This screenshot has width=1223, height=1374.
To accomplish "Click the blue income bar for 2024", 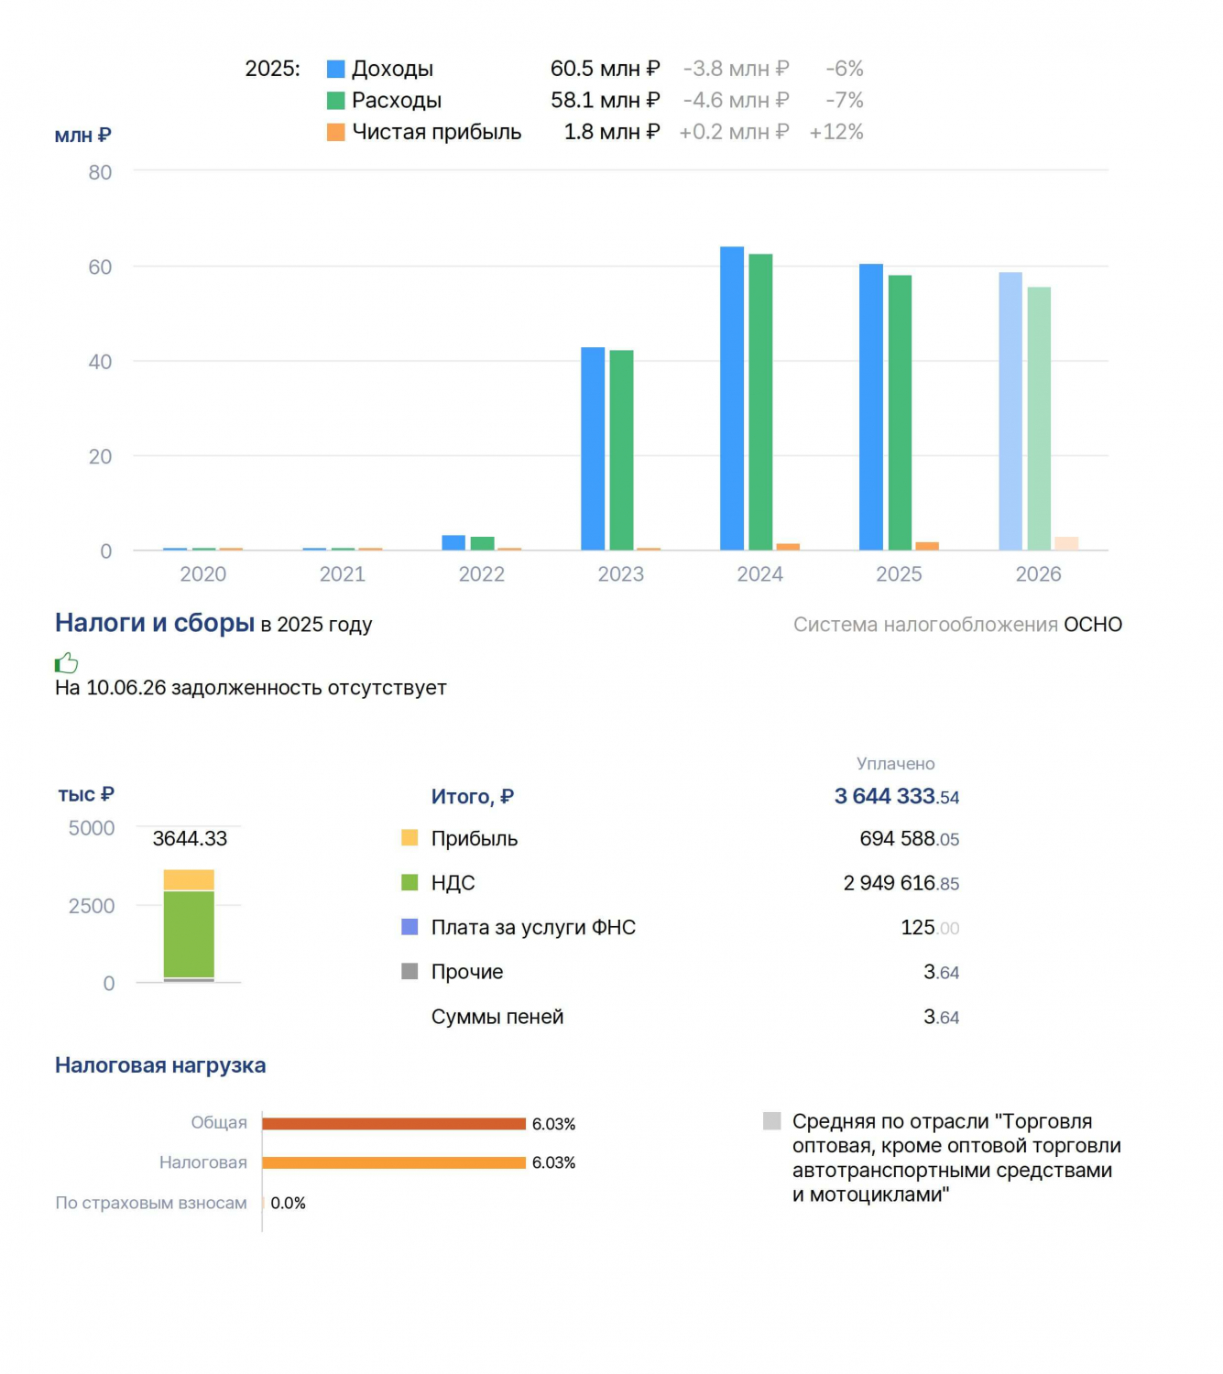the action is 731,398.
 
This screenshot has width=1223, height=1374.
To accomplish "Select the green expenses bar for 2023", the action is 621,450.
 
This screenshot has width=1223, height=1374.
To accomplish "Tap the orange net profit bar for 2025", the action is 926,546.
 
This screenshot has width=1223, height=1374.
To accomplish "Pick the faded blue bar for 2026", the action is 1010,411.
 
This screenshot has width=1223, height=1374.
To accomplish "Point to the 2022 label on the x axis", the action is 482,574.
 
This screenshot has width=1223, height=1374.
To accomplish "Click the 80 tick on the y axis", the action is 100,172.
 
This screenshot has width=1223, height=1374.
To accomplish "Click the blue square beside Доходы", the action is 336,69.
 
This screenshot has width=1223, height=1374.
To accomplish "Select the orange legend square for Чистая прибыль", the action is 336,132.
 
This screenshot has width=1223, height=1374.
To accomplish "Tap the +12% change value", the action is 836,132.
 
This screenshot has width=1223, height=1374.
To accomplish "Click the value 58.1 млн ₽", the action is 605,101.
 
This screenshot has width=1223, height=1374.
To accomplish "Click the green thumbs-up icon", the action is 67,662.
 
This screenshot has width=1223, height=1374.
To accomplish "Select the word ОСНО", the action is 1093,625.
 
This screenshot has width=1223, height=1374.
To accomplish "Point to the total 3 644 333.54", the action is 897,796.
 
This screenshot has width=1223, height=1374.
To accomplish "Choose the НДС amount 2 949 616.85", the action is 901,883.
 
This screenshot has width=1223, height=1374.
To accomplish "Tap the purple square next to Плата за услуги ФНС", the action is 409,926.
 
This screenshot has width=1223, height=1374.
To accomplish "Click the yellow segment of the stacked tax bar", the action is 189,879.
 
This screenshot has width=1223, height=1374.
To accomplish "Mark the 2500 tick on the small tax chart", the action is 92,905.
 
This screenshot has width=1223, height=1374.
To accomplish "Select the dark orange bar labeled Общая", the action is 394,1124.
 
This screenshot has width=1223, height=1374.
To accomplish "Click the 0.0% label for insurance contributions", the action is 288,1203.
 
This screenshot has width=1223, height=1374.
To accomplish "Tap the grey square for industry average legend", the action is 772,1121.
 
